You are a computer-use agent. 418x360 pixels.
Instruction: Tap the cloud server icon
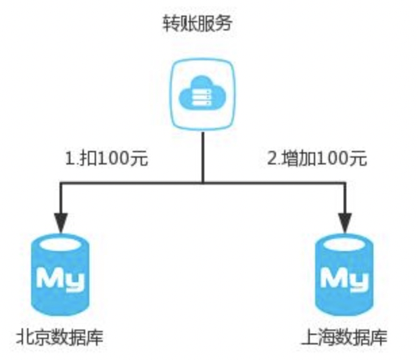click(204, 94)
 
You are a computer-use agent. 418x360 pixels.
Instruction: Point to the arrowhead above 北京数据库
click(61, 220)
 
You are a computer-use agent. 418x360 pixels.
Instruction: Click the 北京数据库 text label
click(62, 336)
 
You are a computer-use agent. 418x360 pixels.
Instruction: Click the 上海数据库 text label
click(346, 336)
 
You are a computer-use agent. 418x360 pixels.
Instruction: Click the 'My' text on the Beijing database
click(62, 279)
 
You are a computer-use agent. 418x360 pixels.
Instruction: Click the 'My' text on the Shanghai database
click(346, 279)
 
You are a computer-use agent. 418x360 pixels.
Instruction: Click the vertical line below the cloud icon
click(204, 156)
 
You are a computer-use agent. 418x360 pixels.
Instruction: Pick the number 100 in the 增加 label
click(333, 160)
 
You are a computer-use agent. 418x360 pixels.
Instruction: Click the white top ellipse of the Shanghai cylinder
click(346, 243)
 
